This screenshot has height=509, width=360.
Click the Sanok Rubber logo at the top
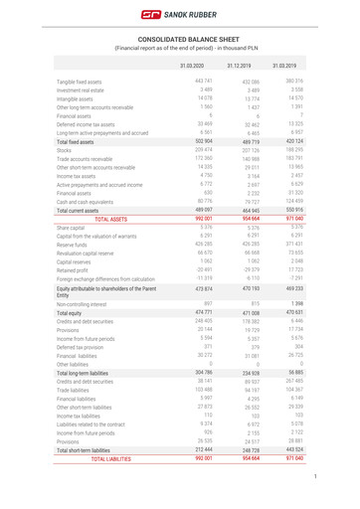(179, 15)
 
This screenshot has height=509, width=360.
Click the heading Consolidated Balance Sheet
(179, 37)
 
